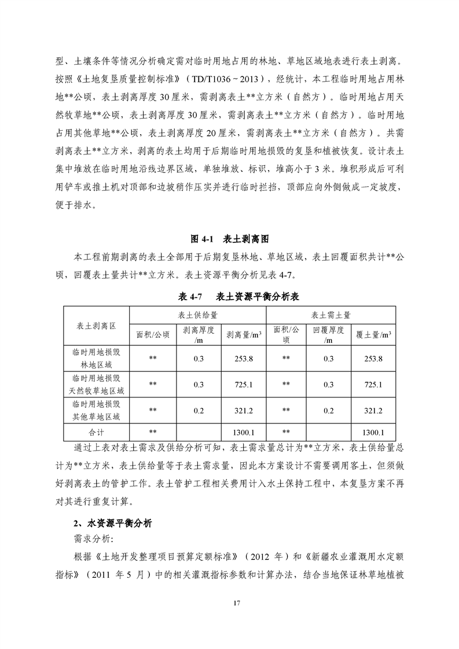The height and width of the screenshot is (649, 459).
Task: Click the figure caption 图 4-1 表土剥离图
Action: [x=229, y=238]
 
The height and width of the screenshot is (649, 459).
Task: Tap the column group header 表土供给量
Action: [x=197, y=315]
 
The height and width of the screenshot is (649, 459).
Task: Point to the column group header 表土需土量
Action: [x=331, y=315]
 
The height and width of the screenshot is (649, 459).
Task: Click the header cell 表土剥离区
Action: [x=96, y=326]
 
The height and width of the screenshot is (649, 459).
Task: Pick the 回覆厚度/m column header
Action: [x=329, y=335]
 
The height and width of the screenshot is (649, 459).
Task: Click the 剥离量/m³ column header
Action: [x=243, y=334]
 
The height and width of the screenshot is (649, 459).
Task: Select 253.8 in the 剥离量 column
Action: [x=243, y=359]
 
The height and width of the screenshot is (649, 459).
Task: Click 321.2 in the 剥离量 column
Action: [x=243, y=411]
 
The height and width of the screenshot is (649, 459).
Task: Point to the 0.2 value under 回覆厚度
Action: [x=329, y=411]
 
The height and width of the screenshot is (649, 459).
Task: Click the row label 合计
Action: [x=96, y=432]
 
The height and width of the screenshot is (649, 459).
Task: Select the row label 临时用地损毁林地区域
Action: [x=96, y=359]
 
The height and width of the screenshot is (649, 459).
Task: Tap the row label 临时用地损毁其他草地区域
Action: [x=96, y=411]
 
